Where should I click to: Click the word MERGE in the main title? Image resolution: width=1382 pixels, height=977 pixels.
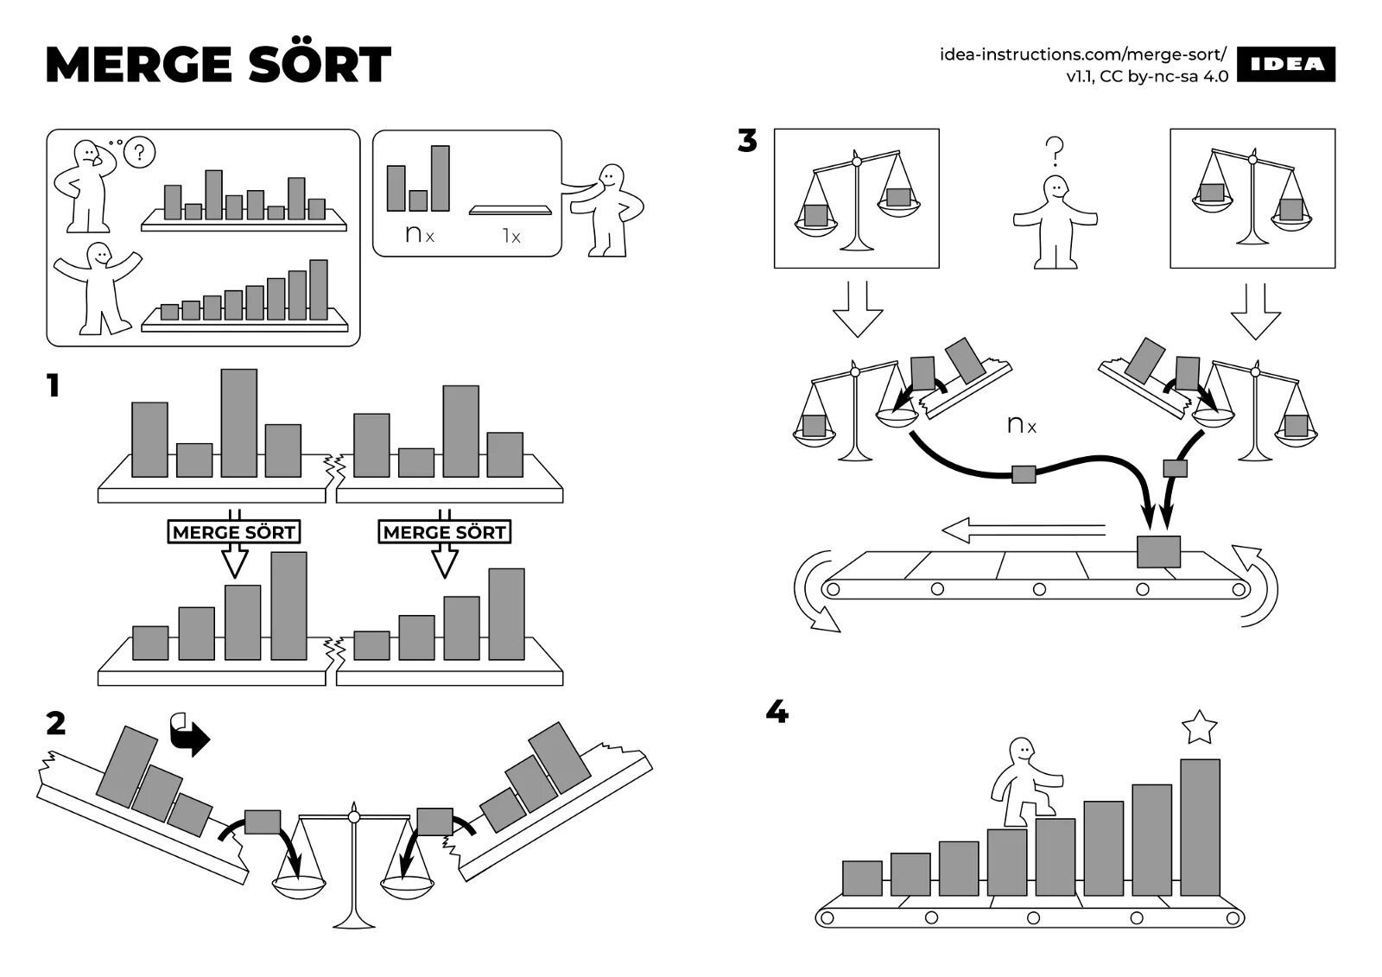[139, 66]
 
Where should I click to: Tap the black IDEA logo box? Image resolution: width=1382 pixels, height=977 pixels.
[1286, 65]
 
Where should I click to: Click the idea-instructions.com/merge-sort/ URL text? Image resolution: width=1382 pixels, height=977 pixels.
[1083, 54]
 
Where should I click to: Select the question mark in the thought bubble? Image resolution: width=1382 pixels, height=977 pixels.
[140, 154]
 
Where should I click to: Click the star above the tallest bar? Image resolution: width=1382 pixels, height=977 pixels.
[1199, 727]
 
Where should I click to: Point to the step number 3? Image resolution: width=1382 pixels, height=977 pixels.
[747, 140]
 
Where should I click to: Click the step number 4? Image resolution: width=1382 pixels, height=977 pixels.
[777, 713]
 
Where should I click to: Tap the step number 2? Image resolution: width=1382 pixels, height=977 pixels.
[56, 723]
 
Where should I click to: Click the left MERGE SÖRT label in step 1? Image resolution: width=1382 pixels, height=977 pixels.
[233, 532]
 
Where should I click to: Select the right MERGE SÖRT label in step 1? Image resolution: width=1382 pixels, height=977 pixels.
[444, 532]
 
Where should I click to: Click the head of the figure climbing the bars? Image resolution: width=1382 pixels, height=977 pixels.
[1022, 751]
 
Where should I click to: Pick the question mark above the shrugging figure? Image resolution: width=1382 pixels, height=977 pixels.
[1054, 152]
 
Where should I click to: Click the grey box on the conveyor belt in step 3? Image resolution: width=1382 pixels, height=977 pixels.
[1158, 551]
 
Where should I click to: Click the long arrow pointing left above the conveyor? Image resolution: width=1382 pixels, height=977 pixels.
[1023, 529]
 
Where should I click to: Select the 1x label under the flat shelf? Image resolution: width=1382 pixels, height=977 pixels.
[511, 236]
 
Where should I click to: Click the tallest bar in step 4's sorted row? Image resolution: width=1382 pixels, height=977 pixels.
[1200, 827]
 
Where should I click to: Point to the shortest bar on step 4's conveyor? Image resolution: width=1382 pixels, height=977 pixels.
[862, 878]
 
